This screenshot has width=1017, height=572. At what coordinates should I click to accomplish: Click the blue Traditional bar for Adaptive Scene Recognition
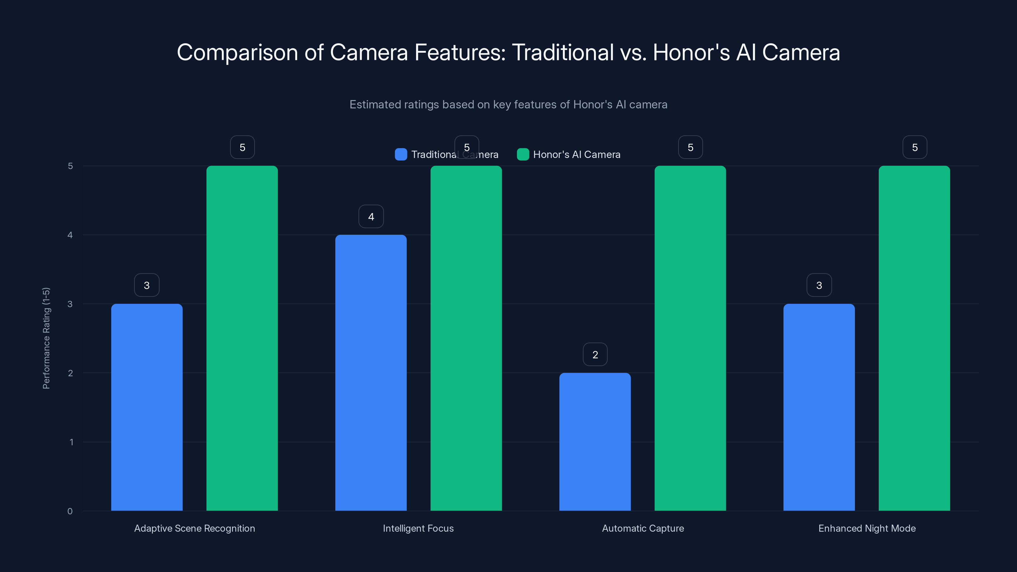147,407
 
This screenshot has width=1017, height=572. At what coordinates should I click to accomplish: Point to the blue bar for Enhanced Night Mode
819,407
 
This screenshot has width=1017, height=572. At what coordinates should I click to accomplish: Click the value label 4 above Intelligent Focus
371,216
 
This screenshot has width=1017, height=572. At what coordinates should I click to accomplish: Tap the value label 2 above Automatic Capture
595,355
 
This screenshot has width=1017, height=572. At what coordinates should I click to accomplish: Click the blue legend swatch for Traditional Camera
401,154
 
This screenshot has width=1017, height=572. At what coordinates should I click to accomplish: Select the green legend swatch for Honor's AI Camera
523,154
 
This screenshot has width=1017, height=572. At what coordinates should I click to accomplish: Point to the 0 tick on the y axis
70,511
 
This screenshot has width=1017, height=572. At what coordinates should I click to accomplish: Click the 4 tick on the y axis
70,235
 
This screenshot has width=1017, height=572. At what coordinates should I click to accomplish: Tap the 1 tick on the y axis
72,442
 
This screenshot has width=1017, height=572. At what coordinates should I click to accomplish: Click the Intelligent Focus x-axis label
418,528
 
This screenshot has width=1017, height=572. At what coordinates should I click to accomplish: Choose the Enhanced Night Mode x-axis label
867,528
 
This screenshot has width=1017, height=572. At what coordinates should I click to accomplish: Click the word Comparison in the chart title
237,52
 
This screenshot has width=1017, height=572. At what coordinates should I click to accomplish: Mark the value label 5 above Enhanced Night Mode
915,147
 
